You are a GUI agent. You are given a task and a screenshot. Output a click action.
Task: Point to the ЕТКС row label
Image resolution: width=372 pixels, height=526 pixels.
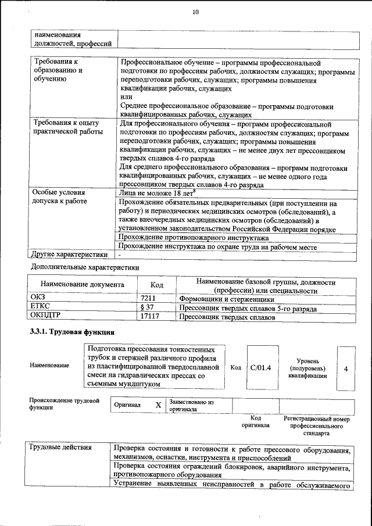click(x=40, y=307)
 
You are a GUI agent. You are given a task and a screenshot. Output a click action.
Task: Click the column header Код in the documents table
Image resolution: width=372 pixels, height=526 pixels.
click(x=156, y=285)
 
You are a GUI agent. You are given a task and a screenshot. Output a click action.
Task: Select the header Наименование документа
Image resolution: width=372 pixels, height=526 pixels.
click(x=82, y=285)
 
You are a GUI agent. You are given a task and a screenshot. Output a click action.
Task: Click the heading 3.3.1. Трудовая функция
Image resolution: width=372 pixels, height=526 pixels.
click(x=71, y=332)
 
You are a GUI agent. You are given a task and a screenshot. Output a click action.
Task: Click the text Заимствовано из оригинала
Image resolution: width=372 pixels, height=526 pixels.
click(x=192, y=405)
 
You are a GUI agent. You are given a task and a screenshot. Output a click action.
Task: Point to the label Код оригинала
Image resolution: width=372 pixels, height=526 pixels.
click(x=256, y=421)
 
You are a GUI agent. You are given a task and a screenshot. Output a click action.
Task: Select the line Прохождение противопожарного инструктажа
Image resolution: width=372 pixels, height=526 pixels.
click(x=194, y=238)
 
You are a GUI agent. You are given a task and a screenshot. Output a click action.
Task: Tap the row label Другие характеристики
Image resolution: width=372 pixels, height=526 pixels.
click(x=70, y=254)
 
